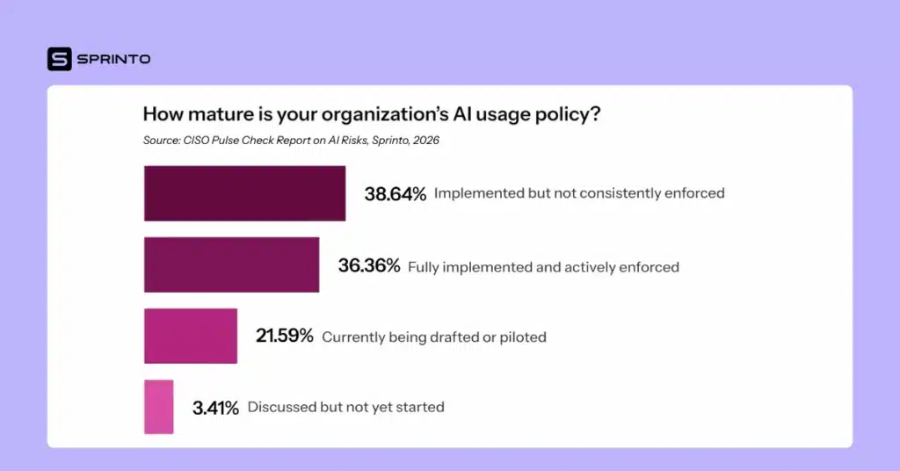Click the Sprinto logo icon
tap(59, 59)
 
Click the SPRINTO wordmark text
tap(113, 59)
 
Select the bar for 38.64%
tap(244, 193)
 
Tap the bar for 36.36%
tap(231, 264)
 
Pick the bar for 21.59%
tap(191, 336)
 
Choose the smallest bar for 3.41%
tap(158, 407)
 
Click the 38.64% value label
tap(396, 193)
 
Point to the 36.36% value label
tap(369, 265)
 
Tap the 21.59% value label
tap(284, 337)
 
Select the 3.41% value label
tap(215, 408)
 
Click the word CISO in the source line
tap(199, 141)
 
